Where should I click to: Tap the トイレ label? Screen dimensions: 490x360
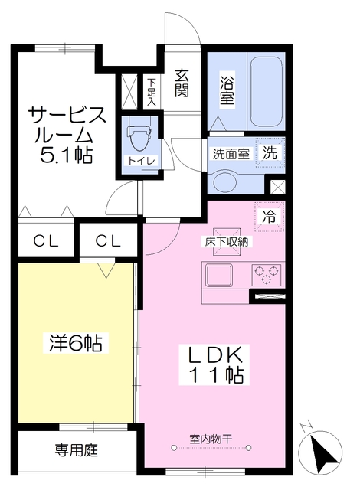(139, 160)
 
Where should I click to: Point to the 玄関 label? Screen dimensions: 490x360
(182, 83)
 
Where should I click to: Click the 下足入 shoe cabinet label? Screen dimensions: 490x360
(152, 90)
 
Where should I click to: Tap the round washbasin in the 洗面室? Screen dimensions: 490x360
(225, 181)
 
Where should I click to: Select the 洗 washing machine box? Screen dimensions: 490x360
(271, 151)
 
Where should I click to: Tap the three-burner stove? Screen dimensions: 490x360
(266, 272)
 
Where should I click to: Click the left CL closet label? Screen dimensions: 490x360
(44, 241)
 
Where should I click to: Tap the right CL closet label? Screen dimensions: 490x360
(109, 241)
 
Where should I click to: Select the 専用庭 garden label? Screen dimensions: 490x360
(76, 451)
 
